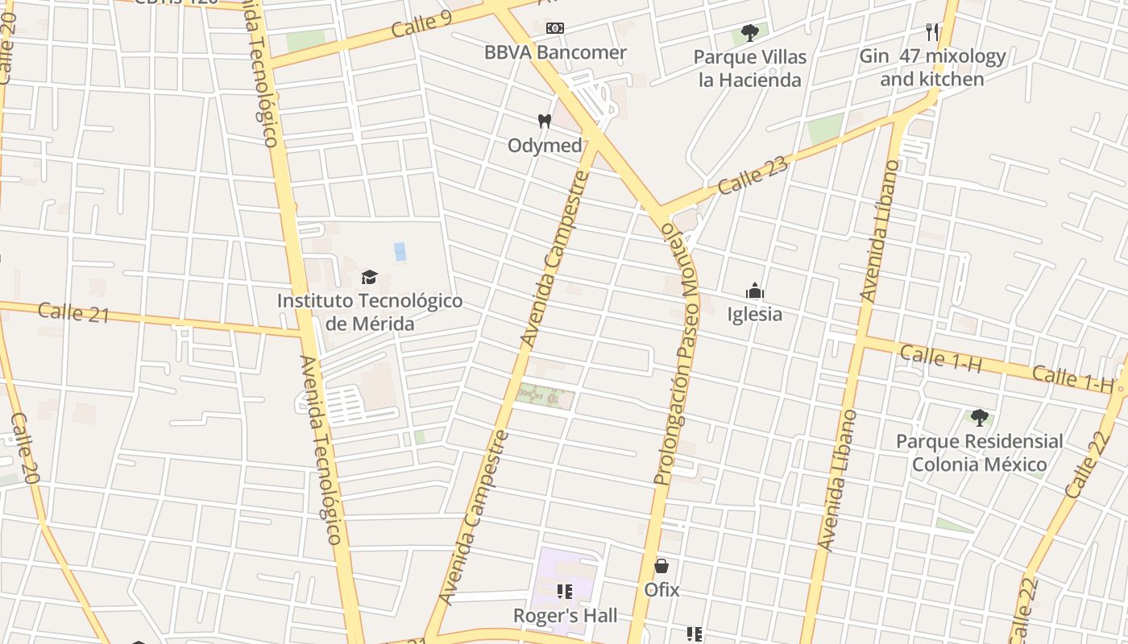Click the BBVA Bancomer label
555,53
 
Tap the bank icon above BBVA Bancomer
554,28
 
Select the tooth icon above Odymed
544,122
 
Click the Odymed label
545,146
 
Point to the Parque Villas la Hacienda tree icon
750,33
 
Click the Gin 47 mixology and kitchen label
932,68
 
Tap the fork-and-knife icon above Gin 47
932,32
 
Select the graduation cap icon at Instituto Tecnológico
369,278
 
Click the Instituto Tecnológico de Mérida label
370,312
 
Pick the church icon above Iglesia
755,291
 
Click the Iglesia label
755,314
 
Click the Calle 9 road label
421,24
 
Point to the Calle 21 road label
73,312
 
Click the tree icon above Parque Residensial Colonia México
979,417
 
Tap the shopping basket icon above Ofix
661,566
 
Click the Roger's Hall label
566,616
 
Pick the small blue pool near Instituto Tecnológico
400,251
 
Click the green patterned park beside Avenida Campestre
545,395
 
